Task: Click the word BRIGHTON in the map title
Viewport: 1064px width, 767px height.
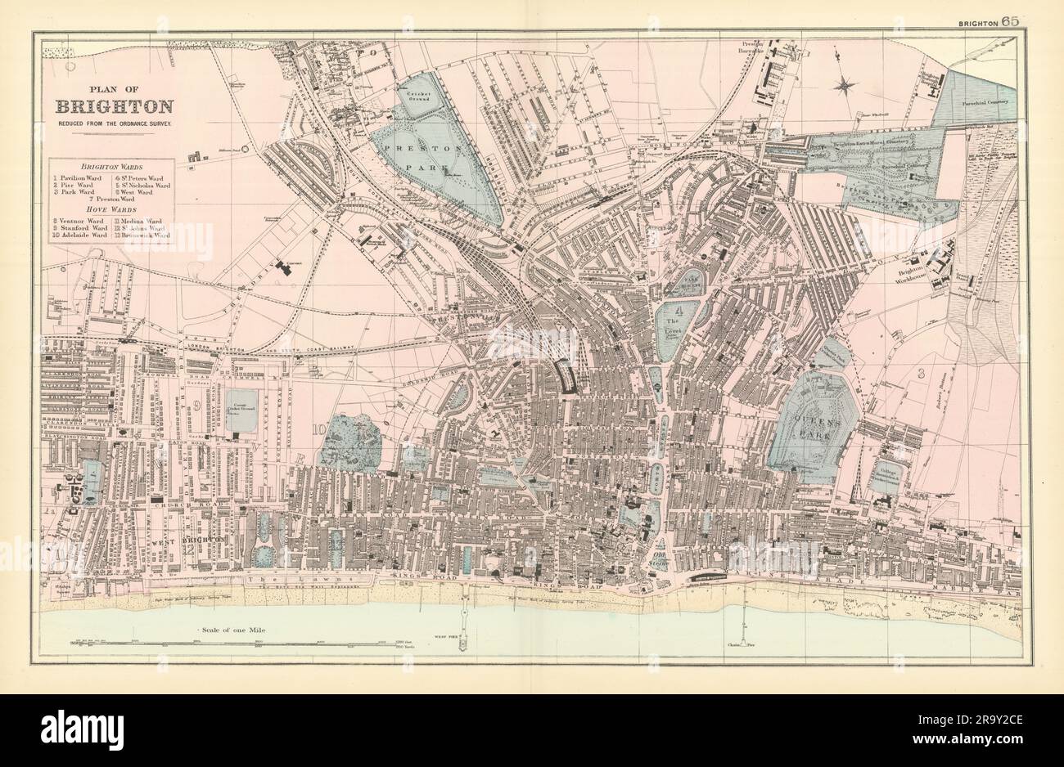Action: coord(114,106)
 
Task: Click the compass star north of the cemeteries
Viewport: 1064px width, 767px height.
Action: coord(847,83)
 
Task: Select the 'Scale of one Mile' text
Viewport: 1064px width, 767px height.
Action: coord(233,630)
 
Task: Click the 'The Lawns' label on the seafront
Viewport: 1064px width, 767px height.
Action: coord(271,579)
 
